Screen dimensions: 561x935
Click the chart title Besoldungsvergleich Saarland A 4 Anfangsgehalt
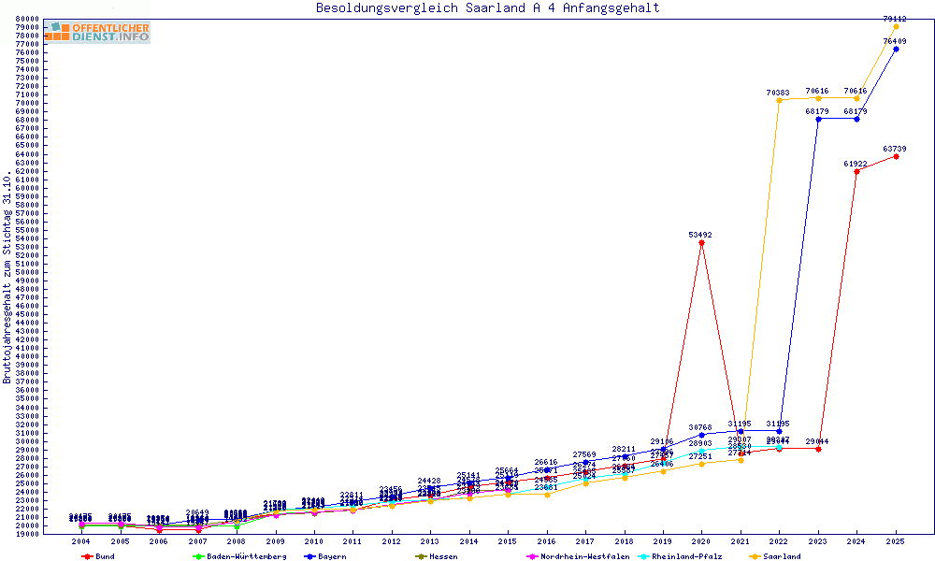click(x=487, y=8)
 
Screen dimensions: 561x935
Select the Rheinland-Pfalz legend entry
click(x=685, y=556)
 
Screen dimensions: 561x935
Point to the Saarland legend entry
click(x=778, y=556)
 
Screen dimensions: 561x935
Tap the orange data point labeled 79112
click(x=896, y=26)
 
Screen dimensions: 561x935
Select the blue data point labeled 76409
click(x=896, y=49)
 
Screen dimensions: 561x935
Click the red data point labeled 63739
click(x=896, y=156)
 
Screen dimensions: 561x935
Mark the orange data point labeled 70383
click(x=779, y=100)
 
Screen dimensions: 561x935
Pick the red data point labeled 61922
click(x=856, y=171)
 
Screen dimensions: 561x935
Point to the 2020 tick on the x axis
click(x=702, y=541)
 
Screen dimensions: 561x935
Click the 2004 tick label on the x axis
click(x=81, y=541)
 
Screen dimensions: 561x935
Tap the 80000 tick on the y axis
click(x=26, y=19)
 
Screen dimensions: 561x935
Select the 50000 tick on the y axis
click(x=26, y=272)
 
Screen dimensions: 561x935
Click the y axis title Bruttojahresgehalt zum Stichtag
click(x=7, y=277)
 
